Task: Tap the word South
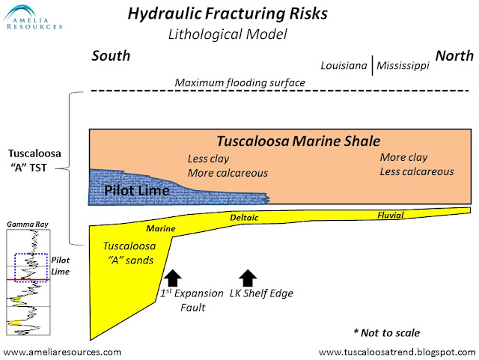pos(111,56)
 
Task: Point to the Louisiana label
pos(344,66)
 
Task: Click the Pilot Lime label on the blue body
pos(136,190)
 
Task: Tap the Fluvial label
pos(390,216)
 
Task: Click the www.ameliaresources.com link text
pos(62,351)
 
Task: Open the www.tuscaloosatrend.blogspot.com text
pos(397,351)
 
